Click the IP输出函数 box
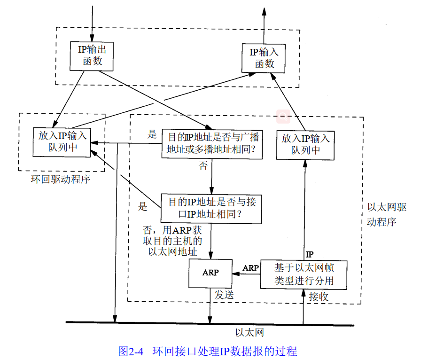click(x=92, y=55)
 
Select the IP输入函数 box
click(x=264, y=58)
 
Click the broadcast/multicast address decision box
click(x=211, y=144)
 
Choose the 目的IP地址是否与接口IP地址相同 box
click(x=211, y=208)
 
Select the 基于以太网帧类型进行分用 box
click(x=304, y=274)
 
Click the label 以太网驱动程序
click(x=385, y=214)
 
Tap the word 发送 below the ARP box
click(x=224, y=295)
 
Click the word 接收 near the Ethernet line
click(x=319, y=297)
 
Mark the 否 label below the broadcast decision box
click(x=203, y=166)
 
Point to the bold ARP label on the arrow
click(x=250, y=268)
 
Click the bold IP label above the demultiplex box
click(x=310, y=254)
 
